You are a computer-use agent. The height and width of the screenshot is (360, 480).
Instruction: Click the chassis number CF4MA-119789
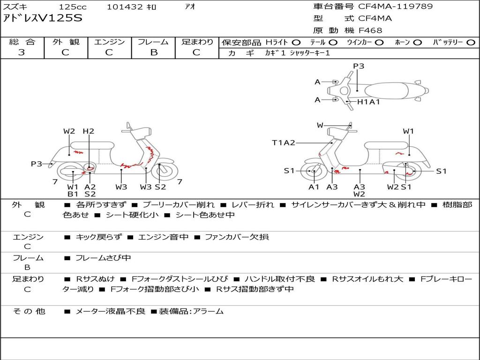[x=395, y=6]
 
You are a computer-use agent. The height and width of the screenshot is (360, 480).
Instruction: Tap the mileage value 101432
[x=125, y=7]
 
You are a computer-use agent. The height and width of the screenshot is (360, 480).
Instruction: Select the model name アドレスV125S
[x=43, y=18]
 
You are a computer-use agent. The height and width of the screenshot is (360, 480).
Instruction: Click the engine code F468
[x=370, y=30]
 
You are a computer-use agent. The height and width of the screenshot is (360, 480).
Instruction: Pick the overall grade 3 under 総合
[x=22, y=52]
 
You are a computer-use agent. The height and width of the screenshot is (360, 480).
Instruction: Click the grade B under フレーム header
[x=154, y=52]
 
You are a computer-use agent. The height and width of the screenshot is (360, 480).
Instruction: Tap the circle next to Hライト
[x=296, y=43]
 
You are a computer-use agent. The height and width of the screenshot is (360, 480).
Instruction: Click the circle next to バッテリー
[x=471, y=43]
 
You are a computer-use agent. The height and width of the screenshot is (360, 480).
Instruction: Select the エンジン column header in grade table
[x=109, y=42]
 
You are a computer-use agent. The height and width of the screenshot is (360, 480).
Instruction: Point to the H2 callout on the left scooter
[x=89, y=131]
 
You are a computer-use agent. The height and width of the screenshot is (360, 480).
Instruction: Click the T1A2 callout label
[x=284, y=142]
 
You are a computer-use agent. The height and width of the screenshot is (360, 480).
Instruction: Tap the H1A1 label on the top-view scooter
[x=368, y=102]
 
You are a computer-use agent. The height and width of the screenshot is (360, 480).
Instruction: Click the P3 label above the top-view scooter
[x=359, y=66]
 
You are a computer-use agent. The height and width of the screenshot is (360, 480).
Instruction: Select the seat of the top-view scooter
[x=386, y=90]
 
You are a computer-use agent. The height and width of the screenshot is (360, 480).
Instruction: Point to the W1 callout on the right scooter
[x=408, y=131]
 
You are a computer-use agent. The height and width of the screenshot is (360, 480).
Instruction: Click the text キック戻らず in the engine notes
[x=98, y=237]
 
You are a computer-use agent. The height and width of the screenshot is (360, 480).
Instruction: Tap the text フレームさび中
[x=103, y=258]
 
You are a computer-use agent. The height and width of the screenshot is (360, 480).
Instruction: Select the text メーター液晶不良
[x=110, y=311]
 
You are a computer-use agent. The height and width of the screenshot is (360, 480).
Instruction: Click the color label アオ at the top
[x=190, y=7]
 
